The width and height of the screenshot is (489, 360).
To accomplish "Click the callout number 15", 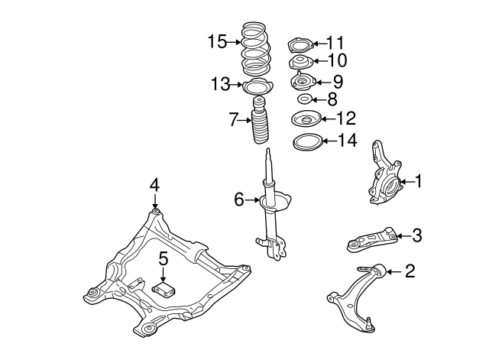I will tap(218, 41).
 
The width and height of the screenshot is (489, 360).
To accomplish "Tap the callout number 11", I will tap(335, 43).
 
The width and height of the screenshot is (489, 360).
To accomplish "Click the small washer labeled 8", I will tap(303, 99).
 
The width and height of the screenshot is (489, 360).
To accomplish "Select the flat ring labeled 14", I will tap(306, 141).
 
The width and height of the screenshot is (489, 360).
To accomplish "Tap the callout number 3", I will tap(416, 235).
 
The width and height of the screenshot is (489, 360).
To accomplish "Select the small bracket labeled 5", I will tap(164, 289).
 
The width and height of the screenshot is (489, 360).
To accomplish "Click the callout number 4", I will tap(154, 184).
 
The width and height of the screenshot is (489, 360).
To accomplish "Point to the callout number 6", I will tap(239, 200).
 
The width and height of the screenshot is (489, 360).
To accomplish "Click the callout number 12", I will tap(345, 118).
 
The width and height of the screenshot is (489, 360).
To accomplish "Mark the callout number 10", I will tap(337, 60).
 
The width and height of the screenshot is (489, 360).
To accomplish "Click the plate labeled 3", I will tap(371, 239).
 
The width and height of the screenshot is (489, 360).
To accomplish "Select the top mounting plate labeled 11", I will tap(300, 44).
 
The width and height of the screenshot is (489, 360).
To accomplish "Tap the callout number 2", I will tap(410, 271).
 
